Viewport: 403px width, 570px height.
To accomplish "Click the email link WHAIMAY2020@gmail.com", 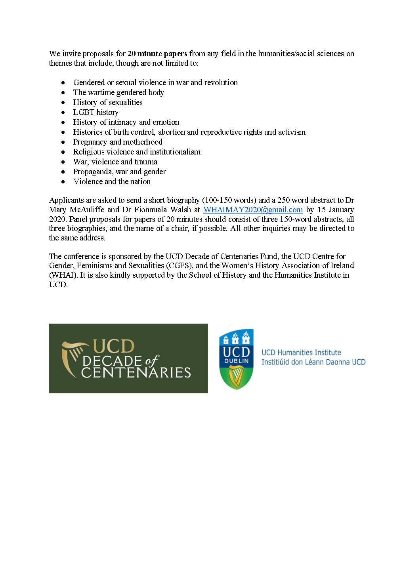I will pyautogui.click(x=253, y=210).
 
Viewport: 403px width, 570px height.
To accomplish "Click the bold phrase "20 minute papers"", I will pyautogui.click(x=157, y=53).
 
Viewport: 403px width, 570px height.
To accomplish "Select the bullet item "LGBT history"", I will pyautogui.click(x=95, y=112).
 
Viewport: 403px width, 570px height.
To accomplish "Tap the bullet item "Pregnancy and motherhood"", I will pyautogui.click(x=118, y=142).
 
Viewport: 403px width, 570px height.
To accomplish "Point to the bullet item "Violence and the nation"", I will pyautogui.click(x=112, y=181).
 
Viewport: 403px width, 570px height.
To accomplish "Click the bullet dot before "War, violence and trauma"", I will pyautogui.click(x=63, y=162).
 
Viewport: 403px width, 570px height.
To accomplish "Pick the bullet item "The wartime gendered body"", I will pyautogui.click(x=118, y=92).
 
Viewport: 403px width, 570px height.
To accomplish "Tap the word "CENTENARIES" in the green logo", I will pyautogui.click(x=136, y=372).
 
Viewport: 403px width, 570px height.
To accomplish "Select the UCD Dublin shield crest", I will pyautogui.click(x=236, y=359).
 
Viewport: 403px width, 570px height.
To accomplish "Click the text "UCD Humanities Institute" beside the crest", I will pyautogui.click(x=301, y=352).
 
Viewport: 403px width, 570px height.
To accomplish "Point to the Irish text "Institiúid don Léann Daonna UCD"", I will pyautogui.click(x=313, y=362).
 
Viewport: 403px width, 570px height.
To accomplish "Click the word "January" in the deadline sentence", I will pyautogui.click(x=338, y=210).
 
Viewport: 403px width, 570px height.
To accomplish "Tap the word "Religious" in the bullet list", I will pyautogui.click(x=89, y=152).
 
